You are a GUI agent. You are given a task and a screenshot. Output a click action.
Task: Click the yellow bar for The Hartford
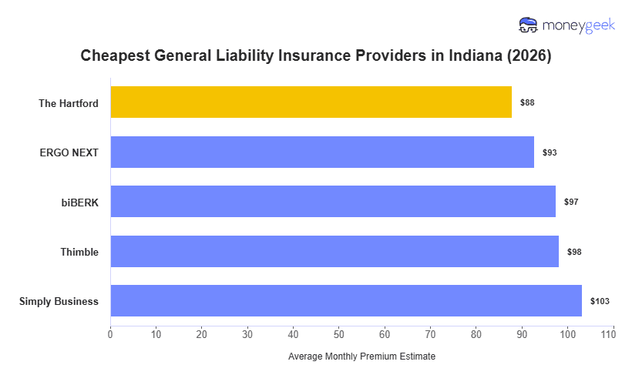pos(311,102)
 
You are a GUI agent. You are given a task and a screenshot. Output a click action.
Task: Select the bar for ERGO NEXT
pos(322,152)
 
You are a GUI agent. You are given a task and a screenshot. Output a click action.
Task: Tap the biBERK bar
pos(333,202)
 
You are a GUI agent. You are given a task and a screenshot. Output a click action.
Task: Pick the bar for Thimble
pos(334,251)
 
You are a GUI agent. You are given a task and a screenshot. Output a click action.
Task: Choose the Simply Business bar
pos(346,301)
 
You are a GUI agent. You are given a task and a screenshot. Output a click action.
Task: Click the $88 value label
pos(527,102)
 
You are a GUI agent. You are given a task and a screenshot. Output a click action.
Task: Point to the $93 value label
pos(550,152)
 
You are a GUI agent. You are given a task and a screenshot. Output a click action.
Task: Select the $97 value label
pos(571,202)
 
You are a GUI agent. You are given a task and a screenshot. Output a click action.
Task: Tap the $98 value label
pos(574,252)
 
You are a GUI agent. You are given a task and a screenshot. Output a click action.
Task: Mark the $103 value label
pos(600,301)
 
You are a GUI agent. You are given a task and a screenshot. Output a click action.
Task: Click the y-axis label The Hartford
pos(69,102)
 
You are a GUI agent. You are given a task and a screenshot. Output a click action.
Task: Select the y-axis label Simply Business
pos(59,301)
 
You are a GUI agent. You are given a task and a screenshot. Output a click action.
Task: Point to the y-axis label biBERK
pos(79,202)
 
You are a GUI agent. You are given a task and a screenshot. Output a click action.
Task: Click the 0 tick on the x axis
pos(110,333)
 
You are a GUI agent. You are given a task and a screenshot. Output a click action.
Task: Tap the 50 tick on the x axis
pos(339,333)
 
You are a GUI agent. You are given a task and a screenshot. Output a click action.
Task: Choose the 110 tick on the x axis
pos(613,333)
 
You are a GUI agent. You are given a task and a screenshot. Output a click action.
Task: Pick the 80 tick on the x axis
pos(476,333)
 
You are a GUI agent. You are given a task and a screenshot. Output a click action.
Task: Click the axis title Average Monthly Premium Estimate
pos(361,357)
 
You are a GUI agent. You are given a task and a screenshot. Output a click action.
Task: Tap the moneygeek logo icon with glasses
pos(529,25)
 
